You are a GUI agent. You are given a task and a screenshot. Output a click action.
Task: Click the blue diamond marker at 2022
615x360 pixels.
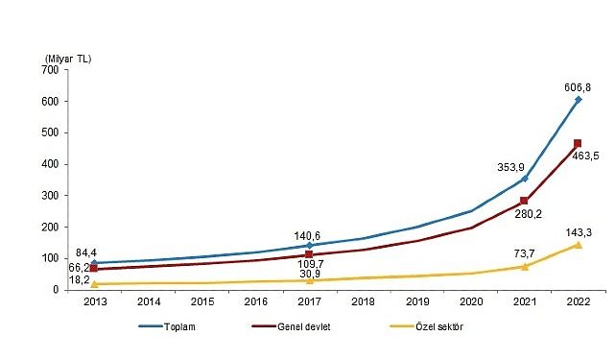click(x=579, y=99)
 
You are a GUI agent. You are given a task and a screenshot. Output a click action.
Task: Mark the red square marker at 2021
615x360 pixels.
click(x=524, y=202)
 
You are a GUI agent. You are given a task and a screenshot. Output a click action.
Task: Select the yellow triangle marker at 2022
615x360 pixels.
click(x=579, y=244)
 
